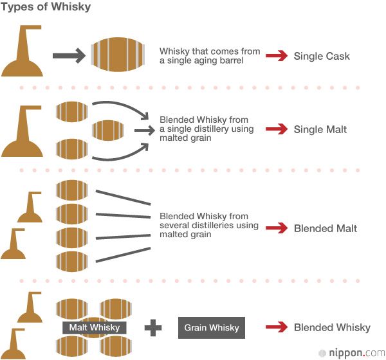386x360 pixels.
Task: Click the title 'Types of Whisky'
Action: pyautogui.click(x=46, y=8)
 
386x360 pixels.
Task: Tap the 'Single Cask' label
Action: pyautogui.click(x=322, y=56)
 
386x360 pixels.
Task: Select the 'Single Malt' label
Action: pyautogui.click(x=320, y=129)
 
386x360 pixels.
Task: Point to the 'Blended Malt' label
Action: pyautogui.click(x=325, y=228)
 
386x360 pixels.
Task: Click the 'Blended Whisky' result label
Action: pyautogui.click(x=332, y=327)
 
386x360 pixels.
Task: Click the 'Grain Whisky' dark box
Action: pyautogui.click(x=212, y=328)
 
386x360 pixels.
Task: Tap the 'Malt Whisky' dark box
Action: pyautogui.click(x=95, y=328)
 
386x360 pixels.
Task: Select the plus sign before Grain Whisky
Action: pyautogui.click(x=153, y=328)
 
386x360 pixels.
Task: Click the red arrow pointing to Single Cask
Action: pyautogui.click(x=276, y=56)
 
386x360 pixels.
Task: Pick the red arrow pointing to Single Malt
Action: pyautogui.click(x=276, y=129)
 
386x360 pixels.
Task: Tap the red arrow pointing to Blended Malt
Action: pyautogui.click(x=276, y=228)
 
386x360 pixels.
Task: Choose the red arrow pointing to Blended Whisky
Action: pyautogui.click(x=276, y=327)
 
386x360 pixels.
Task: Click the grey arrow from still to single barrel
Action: pyautogui.click(x=68, y=57)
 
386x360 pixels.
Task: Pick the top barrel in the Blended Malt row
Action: pyautogui.click(x=72, y=190)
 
